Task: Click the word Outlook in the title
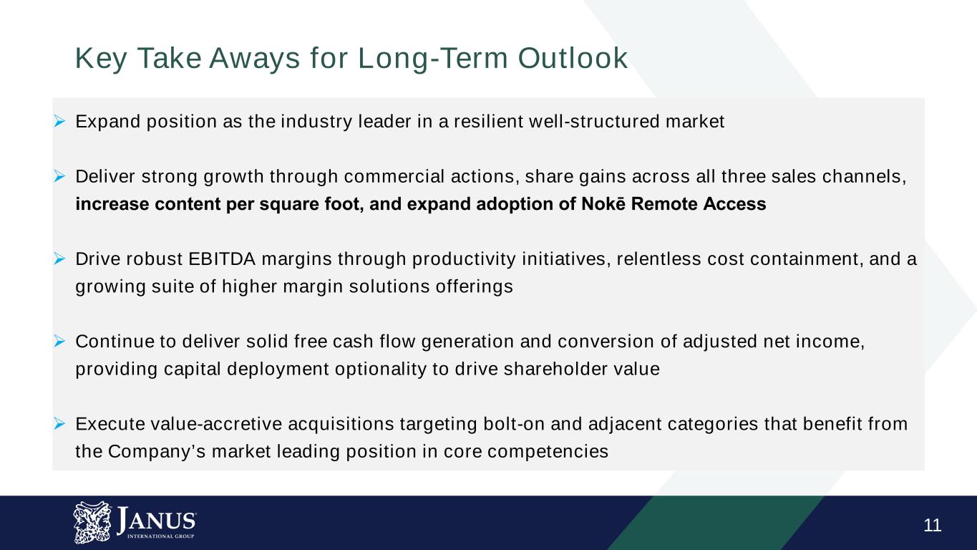(x=573, y=58)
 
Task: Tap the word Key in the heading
(x=101, y=59)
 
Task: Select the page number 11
(x=932, y=525)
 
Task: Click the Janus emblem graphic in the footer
(x=92, y=522)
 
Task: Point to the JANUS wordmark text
(x=156, y=520)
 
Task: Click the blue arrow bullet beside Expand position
(x=59, y=121)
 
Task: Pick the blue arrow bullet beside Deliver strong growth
(x=59, y=176)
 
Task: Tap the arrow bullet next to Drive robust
(x=59, y=259)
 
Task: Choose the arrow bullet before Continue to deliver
(x=59, y=341)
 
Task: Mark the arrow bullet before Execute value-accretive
(x=59, y=423)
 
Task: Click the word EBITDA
(x=222, y=259)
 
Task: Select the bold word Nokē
(x=603, y=204)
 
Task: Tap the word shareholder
(x=555, y=369)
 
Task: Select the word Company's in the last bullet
(x=157, y=452)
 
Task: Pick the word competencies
(x=548, y=452)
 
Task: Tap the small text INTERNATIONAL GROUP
(x=160, y=536)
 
